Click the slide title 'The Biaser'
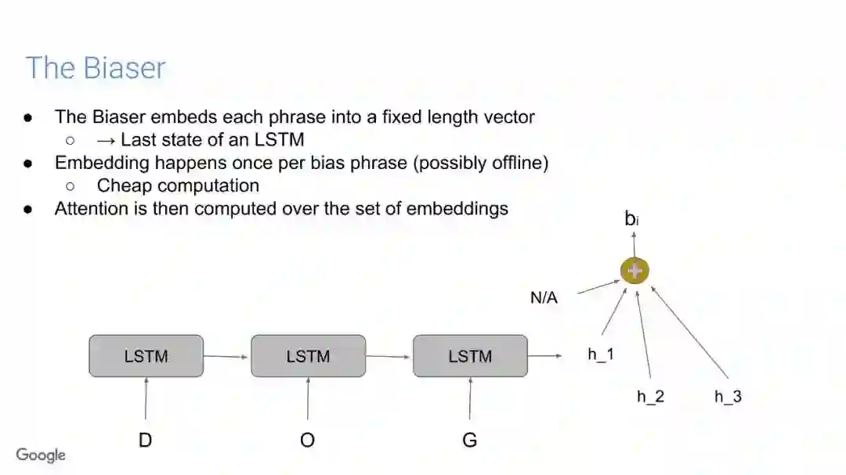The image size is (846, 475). tap(96, 68)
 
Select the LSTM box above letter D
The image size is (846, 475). tap(146, 356)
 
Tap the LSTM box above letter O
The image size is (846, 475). tap(308, 356)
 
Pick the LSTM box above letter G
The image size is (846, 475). tap(470, 356)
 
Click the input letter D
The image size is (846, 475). tap(146, 441)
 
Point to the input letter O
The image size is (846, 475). tap(308, 441)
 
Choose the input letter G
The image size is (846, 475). tap(470, 441)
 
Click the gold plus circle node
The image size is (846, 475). tap(634, 271)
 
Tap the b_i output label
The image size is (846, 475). tap(631, 219)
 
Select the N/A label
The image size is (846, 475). tap(544, 297)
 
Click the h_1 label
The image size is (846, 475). tap(601, 354)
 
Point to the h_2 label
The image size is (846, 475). tap(650, 396)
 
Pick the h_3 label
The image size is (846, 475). tap(728, 396)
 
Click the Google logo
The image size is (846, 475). tap(41, 455)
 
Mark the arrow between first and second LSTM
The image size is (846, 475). tap(226, 356)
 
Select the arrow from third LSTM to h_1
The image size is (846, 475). tap(545, 356)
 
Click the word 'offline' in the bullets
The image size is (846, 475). tap(516, 163)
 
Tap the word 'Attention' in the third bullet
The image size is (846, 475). tap(90, 208)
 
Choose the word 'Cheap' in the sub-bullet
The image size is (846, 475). tap(122, 185)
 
